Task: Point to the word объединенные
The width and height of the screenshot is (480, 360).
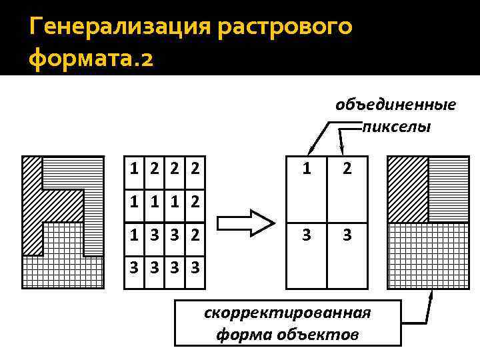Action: tap(395, 105)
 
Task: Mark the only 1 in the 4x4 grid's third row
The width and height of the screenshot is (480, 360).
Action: tap(135, 235)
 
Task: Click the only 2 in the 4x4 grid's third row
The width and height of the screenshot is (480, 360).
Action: tap(195, 235)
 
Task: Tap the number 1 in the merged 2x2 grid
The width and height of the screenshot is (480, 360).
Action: tap(306, 169)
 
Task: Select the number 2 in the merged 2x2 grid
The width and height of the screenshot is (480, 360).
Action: tap(347, 169)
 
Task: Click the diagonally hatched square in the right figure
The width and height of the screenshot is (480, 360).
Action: tap(407, 189)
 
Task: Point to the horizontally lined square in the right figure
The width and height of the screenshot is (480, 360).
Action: tap(448, 189)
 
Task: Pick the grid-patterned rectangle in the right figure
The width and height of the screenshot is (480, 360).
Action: tap(428, 255)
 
